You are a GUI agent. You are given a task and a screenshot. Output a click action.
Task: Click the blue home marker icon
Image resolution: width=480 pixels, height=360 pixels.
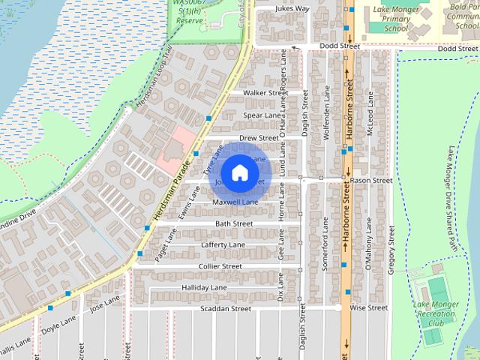tap(239, 172)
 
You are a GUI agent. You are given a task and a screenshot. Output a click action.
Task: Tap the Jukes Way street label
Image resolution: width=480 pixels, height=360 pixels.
tap(292, 9)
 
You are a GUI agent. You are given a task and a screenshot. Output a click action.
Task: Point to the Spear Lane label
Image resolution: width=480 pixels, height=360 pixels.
tap(262, 115)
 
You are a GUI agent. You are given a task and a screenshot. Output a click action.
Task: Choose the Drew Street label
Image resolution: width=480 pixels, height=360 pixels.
tap(259, 139)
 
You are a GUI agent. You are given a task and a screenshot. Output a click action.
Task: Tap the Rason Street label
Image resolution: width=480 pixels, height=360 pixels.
tap(370, 181)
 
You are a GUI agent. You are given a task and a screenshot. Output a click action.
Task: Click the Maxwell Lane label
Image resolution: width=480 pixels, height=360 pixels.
tap(235, 202)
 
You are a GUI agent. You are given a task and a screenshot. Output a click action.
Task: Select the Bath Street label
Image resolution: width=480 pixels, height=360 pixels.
tap(234, 223)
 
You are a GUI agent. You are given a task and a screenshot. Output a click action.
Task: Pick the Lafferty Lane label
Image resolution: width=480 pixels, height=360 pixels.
tap(223, 245)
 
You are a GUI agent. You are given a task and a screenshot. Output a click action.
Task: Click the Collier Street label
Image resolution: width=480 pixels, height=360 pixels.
tap(220, 266)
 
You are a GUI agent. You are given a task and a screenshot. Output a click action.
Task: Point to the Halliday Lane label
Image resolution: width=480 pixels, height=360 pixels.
tap(204, 287)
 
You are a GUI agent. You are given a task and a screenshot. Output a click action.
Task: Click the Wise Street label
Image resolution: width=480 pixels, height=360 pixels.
tap(369, 307)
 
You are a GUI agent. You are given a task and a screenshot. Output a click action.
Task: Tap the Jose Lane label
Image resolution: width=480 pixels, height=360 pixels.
tap(104, 302)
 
